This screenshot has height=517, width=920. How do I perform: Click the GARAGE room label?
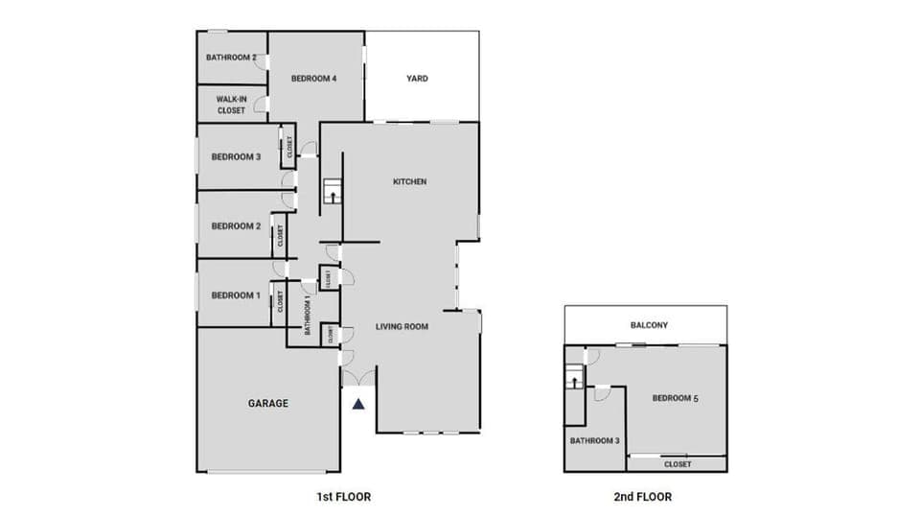pyautogui.click(x=268, y=404)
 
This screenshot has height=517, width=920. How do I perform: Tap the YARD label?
pyautogui.click(x=417, y=79)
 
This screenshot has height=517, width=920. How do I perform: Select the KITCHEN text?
pyautogui.click(x=410, y=182)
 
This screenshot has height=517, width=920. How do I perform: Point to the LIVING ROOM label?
pyautogui.click(x=401, y=326)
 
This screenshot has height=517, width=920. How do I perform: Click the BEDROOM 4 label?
pyautogui.click(x=313, y=79)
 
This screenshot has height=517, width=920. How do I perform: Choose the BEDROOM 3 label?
pyautogui.click(x=236, y=157)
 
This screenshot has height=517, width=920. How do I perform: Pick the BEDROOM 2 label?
pyautogui.click(x=236, y=226)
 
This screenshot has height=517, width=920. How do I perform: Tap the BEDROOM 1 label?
pyautogui.click(x=236, y=295)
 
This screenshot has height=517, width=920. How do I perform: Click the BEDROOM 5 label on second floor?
pyautogui.click(x=675, y=398)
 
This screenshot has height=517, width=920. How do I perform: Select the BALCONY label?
pyautogui.click(x=649, y=326)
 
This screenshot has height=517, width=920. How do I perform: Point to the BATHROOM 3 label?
pyautogui.click(x=595, y=441)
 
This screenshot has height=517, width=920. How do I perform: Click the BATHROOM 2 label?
pyautogui.click(x=231, y=58)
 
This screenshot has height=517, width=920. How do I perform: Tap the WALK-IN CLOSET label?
pyautogui.click(x=231, y=105)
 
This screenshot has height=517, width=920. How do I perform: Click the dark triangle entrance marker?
pyautogui.click(x=358, y=404)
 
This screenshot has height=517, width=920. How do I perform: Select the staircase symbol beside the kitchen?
pyautogui.click(x=332, y=191)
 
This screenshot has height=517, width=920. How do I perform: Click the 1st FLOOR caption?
pyautogui.click(x=343, y=497)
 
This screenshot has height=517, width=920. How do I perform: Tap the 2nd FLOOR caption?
pyautogui.click(x=642, y=497)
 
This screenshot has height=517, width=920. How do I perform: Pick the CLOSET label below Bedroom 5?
pyautogui.click(x=678, y=464)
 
